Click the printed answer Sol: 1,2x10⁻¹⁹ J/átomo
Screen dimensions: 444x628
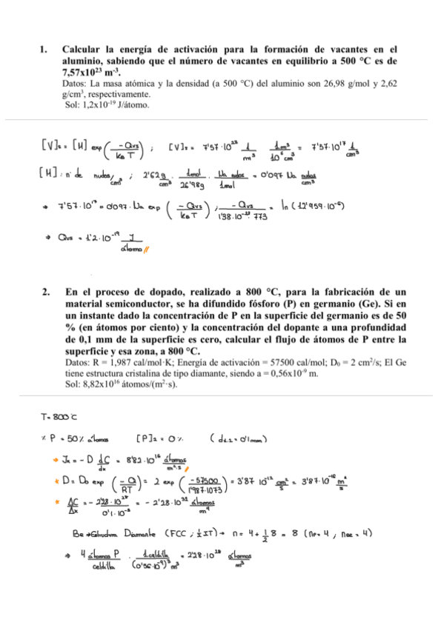[107, 105]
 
